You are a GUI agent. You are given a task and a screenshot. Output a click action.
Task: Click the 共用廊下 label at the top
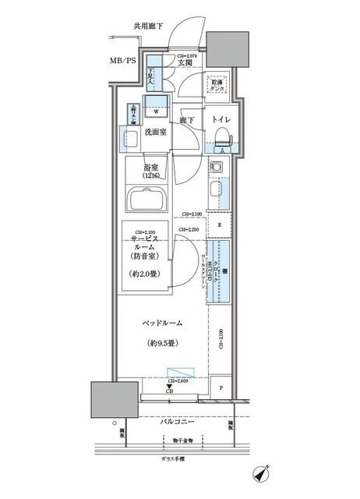pyautogui.click(x=148, y=26)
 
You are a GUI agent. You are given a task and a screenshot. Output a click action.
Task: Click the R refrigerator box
pyautogui.click(x=220, y=226)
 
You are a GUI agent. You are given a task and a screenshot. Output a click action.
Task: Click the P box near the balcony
pyautogui.click(x=221, y=388)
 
